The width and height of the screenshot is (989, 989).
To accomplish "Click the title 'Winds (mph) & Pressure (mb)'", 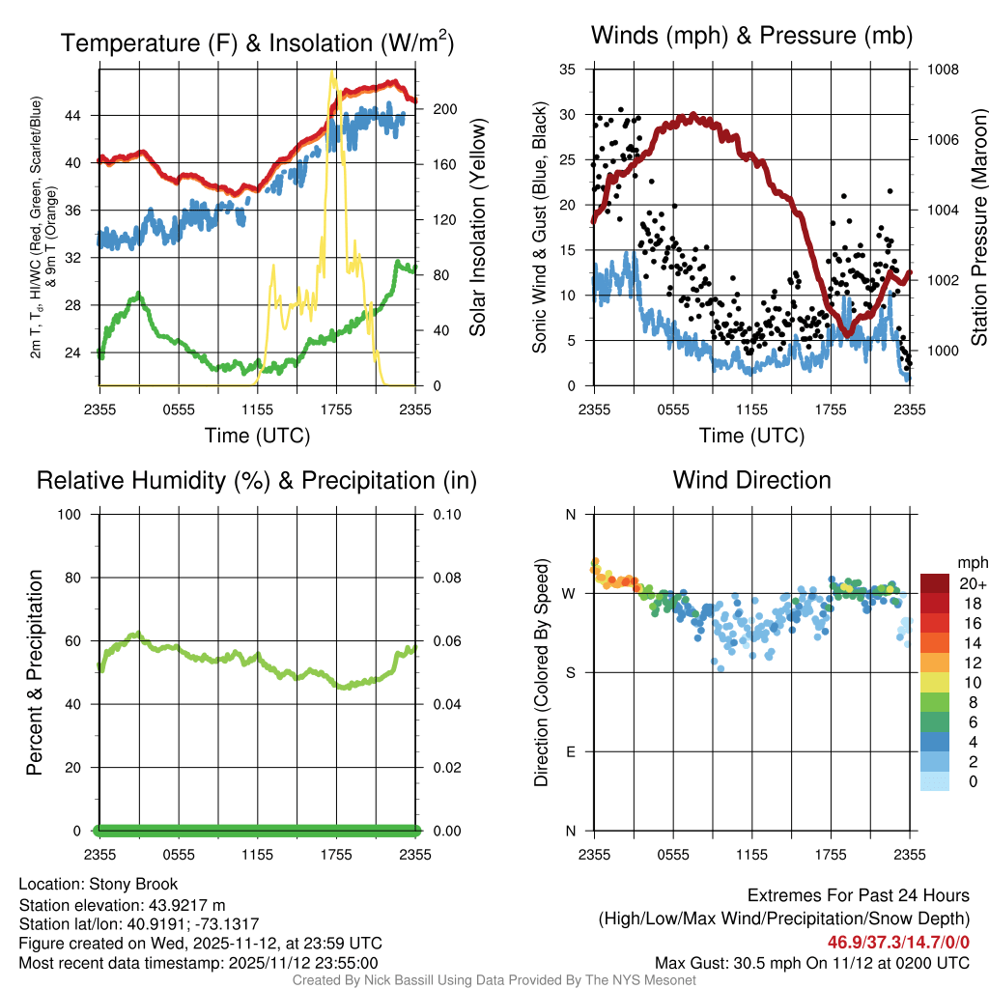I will (751, 37).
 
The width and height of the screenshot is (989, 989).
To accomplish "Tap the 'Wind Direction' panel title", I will (751, 480).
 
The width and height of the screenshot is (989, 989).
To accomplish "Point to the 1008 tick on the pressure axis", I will (941, 70).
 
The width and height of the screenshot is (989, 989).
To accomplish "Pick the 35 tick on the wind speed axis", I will (568, 70).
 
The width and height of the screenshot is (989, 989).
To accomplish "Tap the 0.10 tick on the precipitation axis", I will (445, 514).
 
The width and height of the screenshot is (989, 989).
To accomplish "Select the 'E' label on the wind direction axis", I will (570, 751).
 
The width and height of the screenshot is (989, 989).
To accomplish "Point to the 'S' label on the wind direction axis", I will (570, 672).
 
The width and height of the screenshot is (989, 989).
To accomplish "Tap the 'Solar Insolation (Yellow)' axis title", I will (478, 228).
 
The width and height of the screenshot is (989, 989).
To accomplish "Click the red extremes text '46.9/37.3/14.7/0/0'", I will (898, 942).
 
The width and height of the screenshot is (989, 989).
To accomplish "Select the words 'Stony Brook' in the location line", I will (133, 884).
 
